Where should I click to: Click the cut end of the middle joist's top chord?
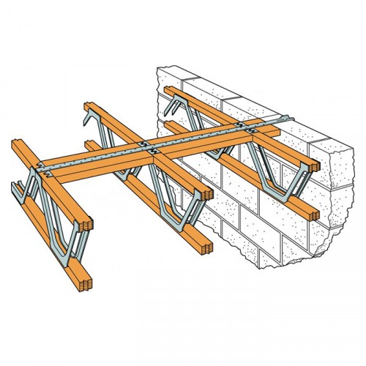click(208, 195)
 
